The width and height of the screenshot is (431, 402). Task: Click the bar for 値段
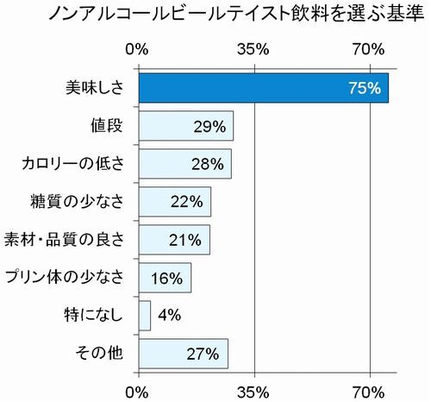[185, 126]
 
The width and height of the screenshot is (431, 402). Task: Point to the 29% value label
[209, 126]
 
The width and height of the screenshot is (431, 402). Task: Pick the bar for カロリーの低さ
[184, 163]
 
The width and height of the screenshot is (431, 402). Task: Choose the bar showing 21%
[173, 239]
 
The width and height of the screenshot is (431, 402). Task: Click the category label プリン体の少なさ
[70, 277]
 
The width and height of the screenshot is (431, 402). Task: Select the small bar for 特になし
[144, 315]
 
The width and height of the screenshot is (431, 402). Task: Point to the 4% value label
[169, 315]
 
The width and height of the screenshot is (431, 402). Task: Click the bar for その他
[183, 352]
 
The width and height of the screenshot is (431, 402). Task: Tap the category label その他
[107, 353]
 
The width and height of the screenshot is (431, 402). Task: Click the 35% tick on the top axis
[254, 50]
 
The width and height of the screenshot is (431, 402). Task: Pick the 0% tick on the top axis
[138, 50]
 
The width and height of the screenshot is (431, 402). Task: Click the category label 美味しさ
[96, 88]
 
